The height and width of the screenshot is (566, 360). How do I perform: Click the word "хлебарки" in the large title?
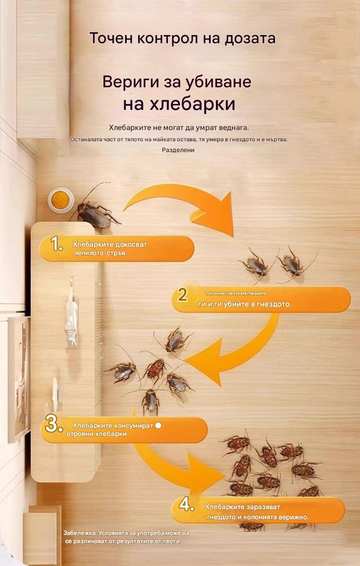192,104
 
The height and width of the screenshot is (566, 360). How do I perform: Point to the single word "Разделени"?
178,150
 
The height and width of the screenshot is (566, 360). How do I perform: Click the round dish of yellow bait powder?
60,200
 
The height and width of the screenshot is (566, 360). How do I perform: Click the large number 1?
56,244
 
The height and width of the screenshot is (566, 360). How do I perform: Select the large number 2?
183,294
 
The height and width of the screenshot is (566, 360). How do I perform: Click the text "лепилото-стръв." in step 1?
100,253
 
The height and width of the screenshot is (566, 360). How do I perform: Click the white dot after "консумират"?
158,426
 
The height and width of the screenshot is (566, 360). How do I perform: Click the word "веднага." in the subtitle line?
236,128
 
